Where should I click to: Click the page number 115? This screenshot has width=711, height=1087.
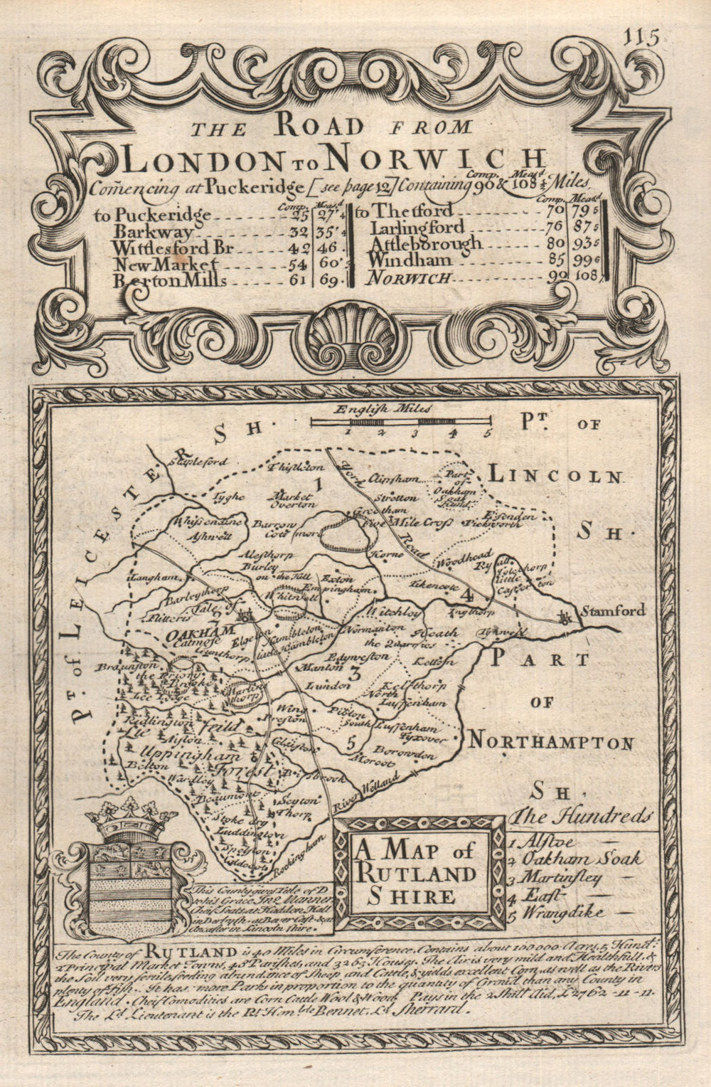point(643,35)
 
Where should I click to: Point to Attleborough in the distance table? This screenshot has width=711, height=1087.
point(424,244)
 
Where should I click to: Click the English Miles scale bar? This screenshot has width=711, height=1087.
point(400,423)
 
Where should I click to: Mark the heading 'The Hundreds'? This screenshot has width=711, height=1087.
point(584,815)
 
